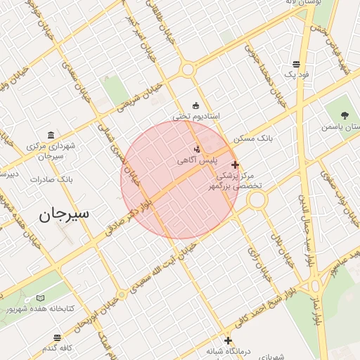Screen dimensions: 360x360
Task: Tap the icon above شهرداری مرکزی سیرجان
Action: [50, 135]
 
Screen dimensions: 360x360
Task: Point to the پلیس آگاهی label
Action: [196, 161]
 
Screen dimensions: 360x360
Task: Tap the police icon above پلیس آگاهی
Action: [197, 149]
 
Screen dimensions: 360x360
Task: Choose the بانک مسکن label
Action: [255, 139]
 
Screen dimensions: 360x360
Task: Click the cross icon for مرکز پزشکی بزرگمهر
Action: [235, 165]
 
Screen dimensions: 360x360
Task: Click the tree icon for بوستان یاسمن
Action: [344, 115]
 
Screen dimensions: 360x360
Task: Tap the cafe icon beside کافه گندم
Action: [56, 337]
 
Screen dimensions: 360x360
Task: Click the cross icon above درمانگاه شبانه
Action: [226, 340]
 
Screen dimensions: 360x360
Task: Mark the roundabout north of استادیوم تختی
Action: [187, 70]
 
